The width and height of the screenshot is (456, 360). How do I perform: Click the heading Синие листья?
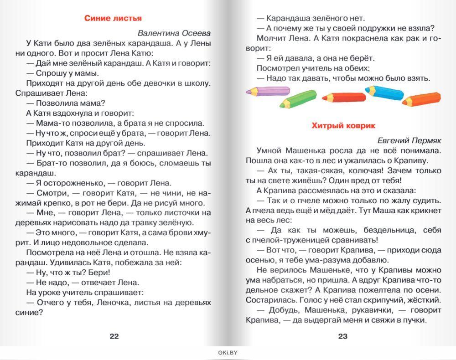click(113, 18)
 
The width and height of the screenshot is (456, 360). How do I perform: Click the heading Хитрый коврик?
click(343, 126)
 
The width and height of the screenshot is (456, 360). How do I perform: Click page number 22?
click(114, 336)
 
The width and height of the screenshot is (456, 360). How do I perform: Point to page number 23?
click(343, 336)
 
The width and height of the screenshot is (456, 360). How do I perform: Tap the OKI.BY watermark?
click(228, 352)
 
